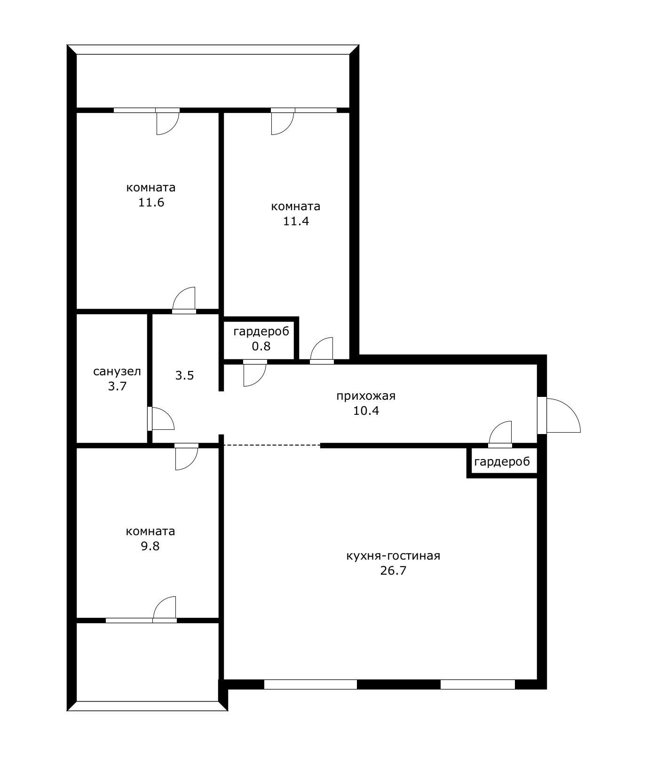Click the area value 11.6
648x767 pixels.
(x=151, y=203)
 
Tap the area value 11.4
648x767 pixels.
(x=296, y=221)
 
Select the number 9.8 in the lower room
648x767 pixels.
(x=150, y=546)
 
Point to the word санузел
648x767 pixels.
(x=117, y=372)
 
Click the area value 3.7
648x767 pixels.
(x=117, y=387)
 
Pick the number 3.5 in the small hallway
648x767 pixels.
(x=184, y=376)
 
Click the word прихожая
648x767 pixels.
(x=366, y=396)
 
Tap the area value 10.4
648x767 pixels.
(x=366, y=411)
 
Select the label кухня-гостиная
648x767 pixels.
(x=393, y=556)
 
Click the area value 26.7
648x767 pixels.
(x=393, y=571)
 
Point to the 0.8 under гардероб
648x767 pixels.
(x=261, y=347)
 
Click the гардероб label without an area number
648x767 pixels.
(x=502, y=462)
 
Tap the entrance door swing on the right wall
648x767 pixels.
(x=562, y=416)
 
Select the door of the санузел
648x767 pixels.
(x=161, y=419)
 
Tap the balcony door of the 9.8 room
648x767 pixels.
(x=165, y=609)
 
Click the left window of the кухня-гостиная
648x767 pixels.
(x=310, y=684)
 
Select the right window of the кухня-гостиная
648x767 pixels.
(x=477, y=684)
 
